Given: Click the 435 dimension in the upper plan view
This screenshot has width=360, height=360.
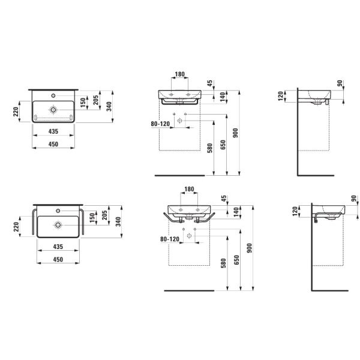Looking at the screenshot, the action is (x=53, y=131).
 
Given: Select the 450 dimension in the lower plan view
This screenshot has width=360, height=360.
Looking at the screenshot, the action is (x=58, y=259).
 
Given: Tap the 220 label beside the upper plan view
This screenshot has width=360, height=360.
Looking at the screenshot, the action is (x=16, y=112).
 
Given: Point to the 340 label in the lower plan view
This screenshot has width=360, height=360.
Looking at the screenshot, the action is (x=118, y=222).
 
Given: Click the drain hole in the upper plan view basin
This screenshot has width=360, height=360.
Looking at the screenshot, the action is (x=53, y=110).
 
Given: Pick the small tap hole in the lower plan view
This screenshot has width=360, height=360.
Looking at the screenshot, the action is (x=58, y=211).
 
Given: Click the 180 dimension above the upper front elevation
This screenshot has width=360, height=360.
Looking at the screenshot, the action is (x=180, y=74).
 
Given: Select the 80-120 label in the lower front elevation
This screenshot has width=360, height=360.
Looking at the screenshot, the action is (x=170, y=239).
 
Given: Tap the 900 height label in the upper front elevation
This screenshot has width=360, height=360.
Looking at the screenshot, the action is (x=236, y=133).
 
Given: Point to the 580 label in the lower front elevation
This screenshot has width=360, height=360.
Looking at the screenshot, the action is (x=223, y=263).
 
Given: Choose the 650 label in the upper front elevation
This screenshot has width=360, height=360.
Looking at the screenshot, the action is (x=223, y=145).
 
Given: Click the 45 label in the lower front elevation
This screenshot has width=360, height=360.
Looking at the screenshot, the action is (x=224, y=198).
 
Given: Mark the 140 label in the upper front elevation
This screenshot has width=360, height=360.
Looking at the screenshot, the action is (x=223, y=97).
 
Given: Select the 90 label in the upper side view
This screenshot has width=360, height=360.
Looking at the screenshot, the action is (x=340, y=83).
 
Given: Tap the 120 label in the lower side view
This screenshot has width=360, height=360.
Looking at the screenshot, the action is (x=295, y=211).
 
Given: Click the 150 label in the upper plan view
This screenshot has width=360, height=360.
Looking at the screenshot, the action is (x=83, y=103).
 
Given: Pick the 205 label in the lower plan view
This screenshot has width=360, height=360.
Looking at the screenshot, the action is (x=104, y=215).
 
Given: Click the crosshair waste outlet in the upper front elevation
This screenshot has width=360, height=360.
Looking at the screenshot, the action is (x=180, y=121).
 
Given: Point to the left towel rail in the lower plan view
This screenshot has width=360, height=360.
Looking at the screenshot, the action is (x=34, y=222).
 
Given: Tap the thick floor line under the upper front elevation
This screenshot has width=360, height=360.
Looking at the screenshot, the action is (x=180, y=176).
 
